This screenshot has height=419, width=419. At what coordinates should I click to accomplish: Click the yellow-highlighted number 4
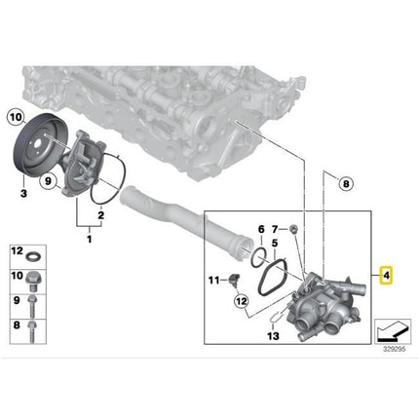tap(386, 276)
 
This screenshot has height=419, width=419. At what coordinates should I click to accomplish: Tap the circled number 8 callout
tap(346, 184)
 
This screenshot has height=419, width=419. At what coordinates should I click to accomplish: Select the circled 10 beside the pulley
tap(16, 117)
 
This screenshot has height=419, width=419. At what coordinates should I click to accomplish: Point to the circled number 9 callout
tap(48, 180)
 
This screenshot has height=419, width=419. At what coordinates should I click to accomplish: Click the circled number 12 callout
tap(242, 302)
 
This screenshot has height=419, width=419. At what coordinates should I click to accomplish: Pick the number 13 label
tap(273, 335)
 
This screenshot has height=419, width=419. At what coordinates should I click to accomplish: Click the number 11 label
tap(213, 280)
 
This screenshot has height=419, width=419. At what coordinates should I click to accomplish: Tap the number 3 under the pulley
tap(23, 194)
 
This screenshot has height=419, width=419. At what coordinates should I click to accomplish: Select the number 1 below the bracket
tap(90, 240)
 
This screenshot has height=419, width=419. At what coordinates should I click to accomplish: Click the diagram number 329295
tap(395, 350)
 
